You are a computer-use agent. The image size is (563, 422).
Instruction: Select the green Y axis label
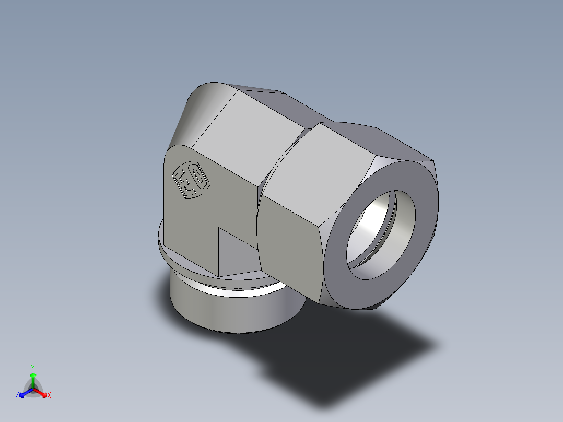(x=32, y=367)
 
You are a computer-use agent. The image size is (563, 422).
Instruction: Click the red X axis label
(x=49, y=396)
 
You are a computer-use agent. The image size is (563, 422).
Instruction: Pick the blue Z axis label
(x=17, y=396)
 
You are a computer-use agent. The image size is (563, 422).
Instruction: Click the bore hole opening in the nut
(x=381, y=230)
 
